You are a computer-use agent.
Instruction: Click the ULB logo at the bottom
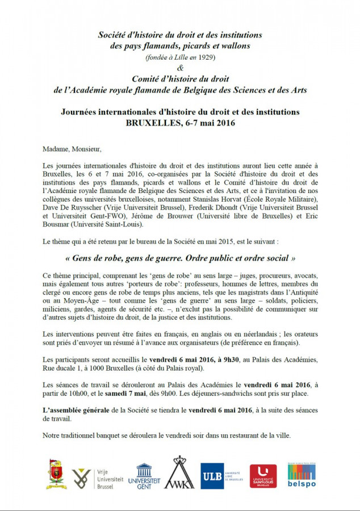point(223,476)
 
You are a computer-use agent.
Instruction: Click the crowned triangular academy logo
point(179,474)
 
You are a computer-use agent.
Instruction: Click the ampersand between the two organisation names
point(181,68)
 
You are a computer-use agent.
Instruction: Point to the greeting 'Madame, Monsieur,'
point(72,149)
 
